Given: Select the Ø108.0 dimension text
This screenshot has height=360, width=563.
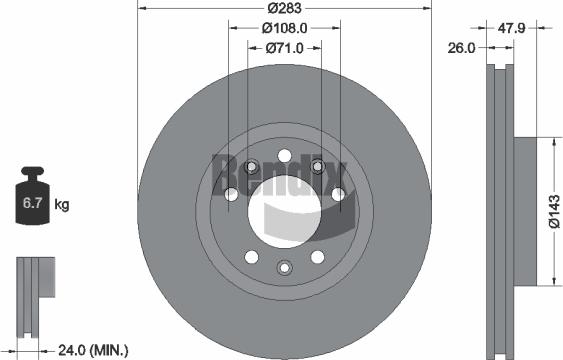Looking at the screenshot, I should pos(285,28).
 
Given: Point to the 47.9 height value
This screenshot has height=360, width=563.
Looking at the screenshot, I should pos(512,30).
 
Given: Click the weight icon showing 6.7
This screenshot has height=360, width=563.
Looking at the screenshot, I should pos(33,205).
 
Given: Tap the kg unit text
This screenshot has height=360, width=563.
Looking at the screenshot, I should pos(62,206).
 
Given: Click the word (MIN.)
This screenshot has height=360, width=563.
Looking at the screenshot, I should pos(110,349).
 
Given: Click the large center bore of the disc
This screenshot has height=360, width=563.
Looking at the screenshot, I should pos(285,211).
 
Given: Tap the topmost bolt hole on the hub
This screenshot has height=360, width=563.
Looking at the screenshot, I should pos(285,156).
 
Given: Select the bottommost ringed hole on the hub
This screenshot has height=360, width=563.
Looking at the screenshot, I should pos(285,267).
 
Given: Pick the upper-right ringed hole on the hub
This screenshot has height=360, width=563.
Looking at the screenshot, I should pos(319,166).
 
